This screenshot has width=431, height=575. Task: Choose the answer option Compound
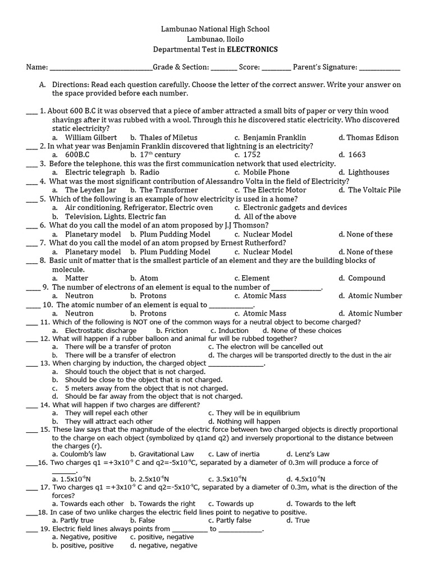click(x=366, y=278)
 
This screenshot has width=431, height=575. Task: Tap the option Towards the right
click(x=167, y=504)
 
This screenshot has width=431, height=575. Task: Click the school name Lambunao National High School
click(x=215, y=29)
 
